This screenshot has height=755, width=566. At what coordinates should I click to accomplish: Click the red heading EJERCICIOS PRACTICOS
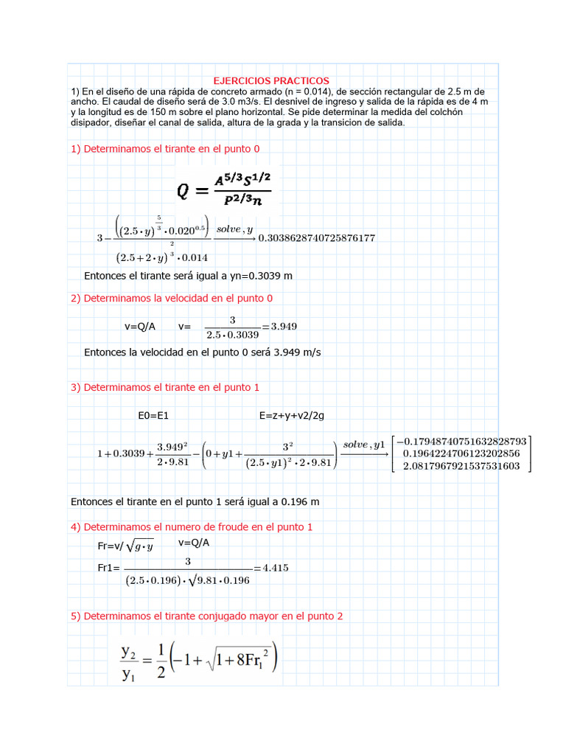(271, 80)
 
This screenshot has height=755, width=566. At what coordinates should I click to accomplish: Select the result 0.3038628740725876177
(317, 238)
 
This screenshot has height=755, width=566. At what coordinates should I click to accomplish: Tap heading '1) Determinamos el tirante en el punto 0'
(165, 149)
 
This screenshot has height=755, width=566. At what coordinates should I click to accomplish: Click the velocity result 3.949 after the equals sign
(284, 326)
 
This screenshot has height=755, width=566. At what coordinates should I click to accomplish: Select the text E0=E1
(153, 416)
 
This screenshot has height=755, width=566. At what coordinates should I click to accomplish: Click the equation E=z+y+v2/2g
(292, 416)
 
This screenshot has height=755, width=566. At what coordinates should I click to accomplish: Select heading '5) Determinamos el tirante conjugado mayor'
(206, 616)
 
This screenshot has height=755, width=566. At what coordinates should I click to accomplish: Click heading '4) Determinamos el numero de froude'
(192, 527)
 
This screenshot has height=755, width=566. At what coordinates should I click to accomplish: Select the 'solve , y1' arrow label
(365, 445)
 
